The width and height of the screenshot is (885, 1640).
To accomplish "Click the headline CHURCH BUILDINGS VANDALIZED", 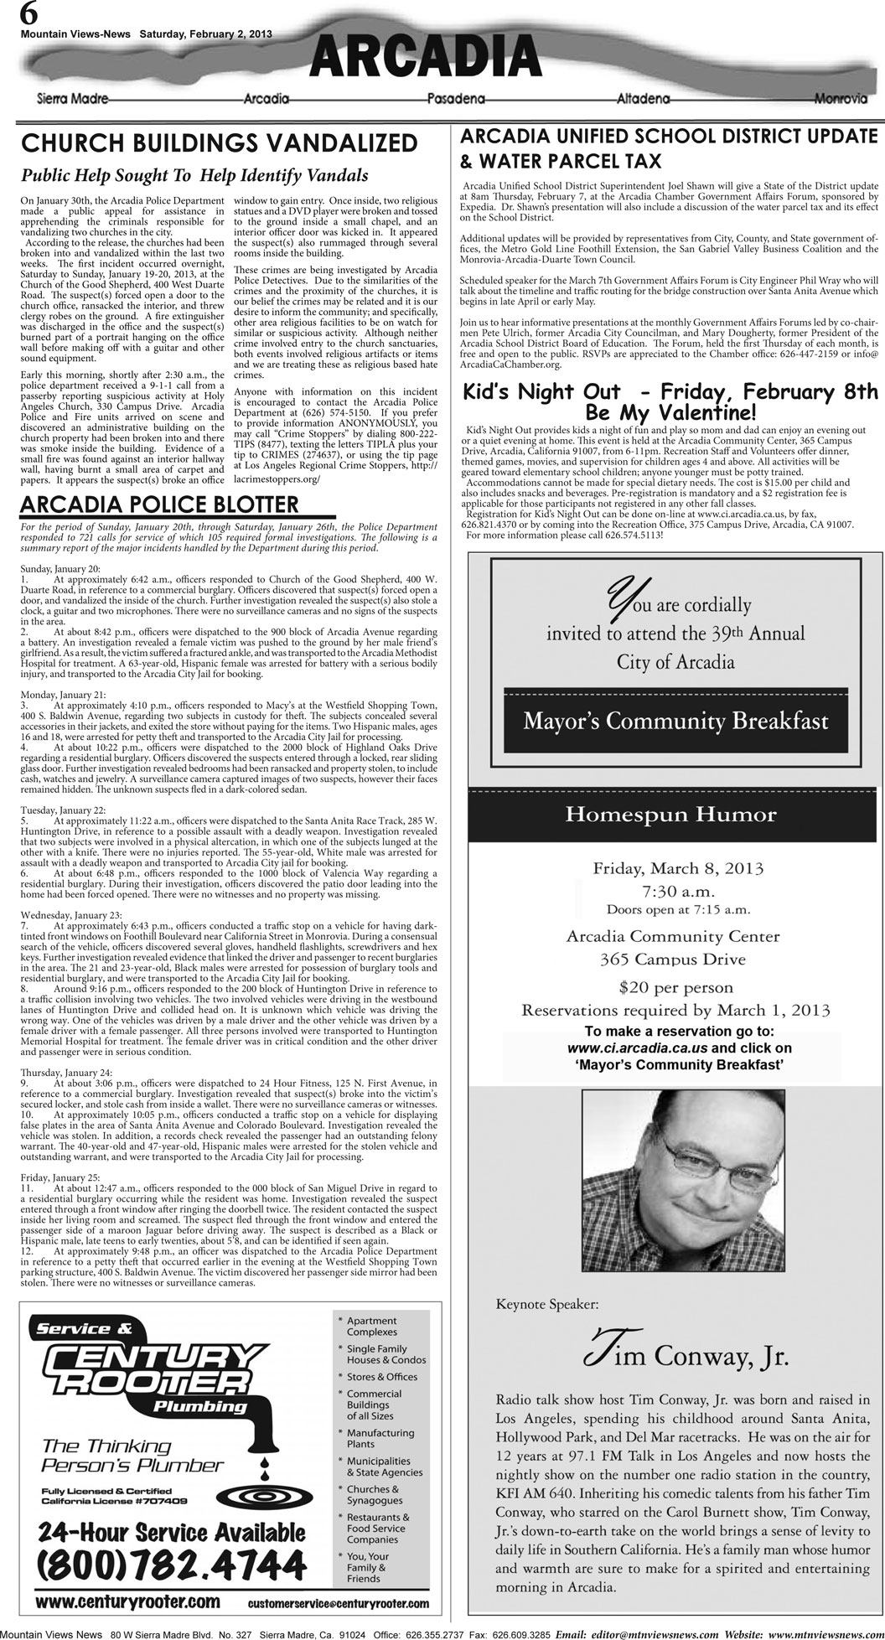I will click(220, 143).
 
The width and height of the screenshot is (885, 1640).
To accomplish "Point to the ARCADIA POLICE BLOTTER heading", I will click(159, 504).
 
